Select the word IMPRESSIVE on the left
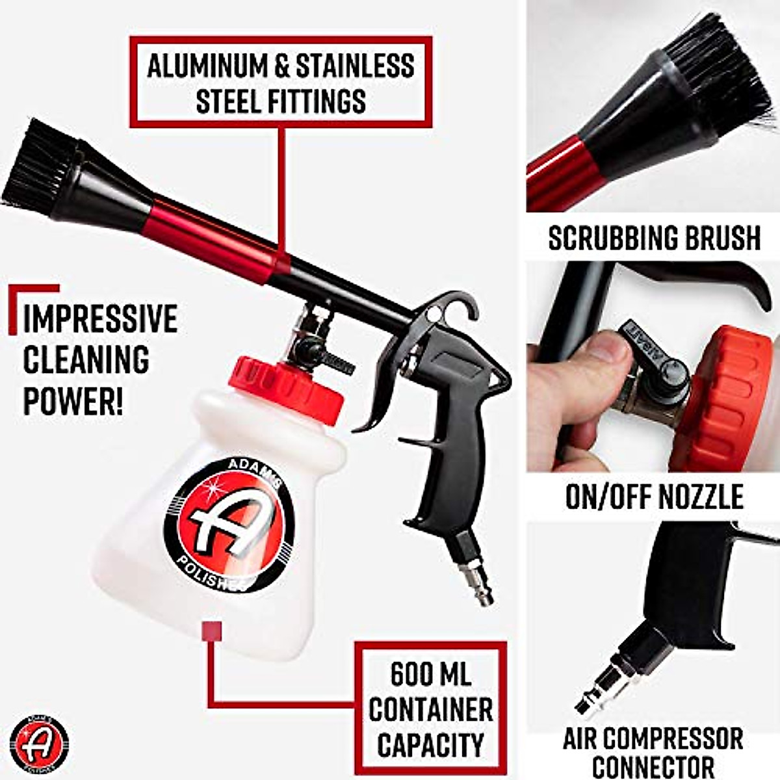tap(100, 318)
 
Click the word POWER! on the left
tap(73, 398)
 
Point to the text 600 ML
tap(431, 674)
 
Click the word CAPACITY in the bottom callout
tap(431, 744)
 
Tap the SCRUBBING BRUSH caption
tap(653, 238)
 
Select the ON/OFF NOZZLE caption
tap(653, 497)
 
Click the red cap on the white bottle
tap(286, 387)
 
